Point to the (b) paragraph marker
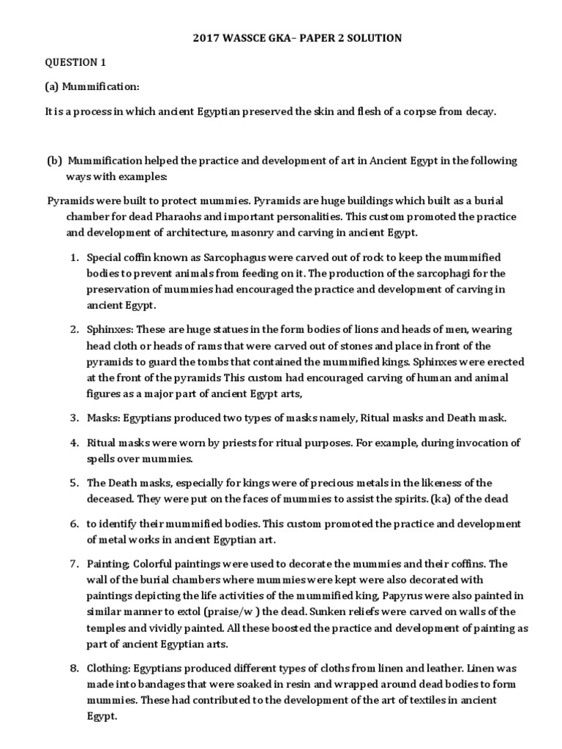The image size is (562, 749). point(55,160)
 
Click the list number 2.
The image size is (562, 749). point(74,330)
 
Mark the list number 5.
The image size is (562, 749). point(74,483)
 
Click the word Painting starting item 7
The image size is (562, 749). point(108,563)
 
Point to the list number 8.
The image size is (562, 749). point(74,669)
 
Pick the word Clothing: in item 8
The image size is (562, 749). point(110,669)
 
